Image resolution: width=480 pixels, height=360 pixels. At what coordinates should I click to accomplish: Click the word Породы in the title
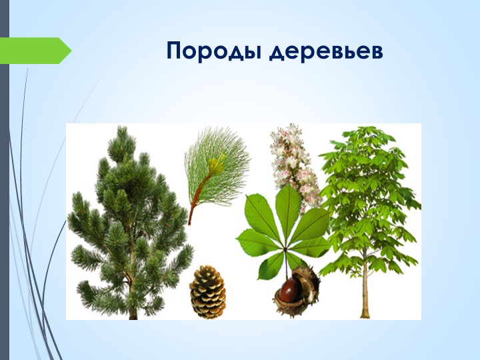[x=214, y=51]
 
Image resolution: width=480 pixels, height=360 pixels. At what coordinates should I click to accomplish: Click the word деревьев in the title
[x=326, y=51]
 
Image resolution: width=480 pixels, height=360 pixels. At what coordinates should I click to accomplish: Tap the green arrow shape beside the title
[x=35, y=51]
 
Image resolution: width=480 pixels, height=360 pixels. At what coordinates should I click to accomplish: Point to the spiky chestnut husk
[x=297, y=291]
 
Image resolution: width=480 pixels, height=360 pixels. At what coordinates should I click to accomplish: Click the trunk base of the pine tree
[x=133, y=312]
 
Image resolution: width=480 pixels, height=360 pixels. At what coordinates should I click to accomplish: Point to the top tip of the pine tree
[x=122, y=127]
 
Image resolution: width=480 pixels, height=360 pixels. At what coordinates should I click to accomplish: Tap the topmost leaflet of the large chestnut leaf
[x=288, y=207]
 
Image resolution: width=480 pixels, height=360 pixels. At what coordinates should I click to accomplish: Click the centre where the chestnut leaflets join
[x=285, y=249]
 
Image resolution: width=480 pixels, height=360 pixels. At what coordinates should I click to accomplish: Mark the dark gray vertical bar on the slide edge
[x=5, y=180]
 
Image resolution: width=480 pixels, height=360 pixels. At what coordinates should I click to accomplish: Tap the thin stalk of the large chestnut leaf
[x=287, y=263]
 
